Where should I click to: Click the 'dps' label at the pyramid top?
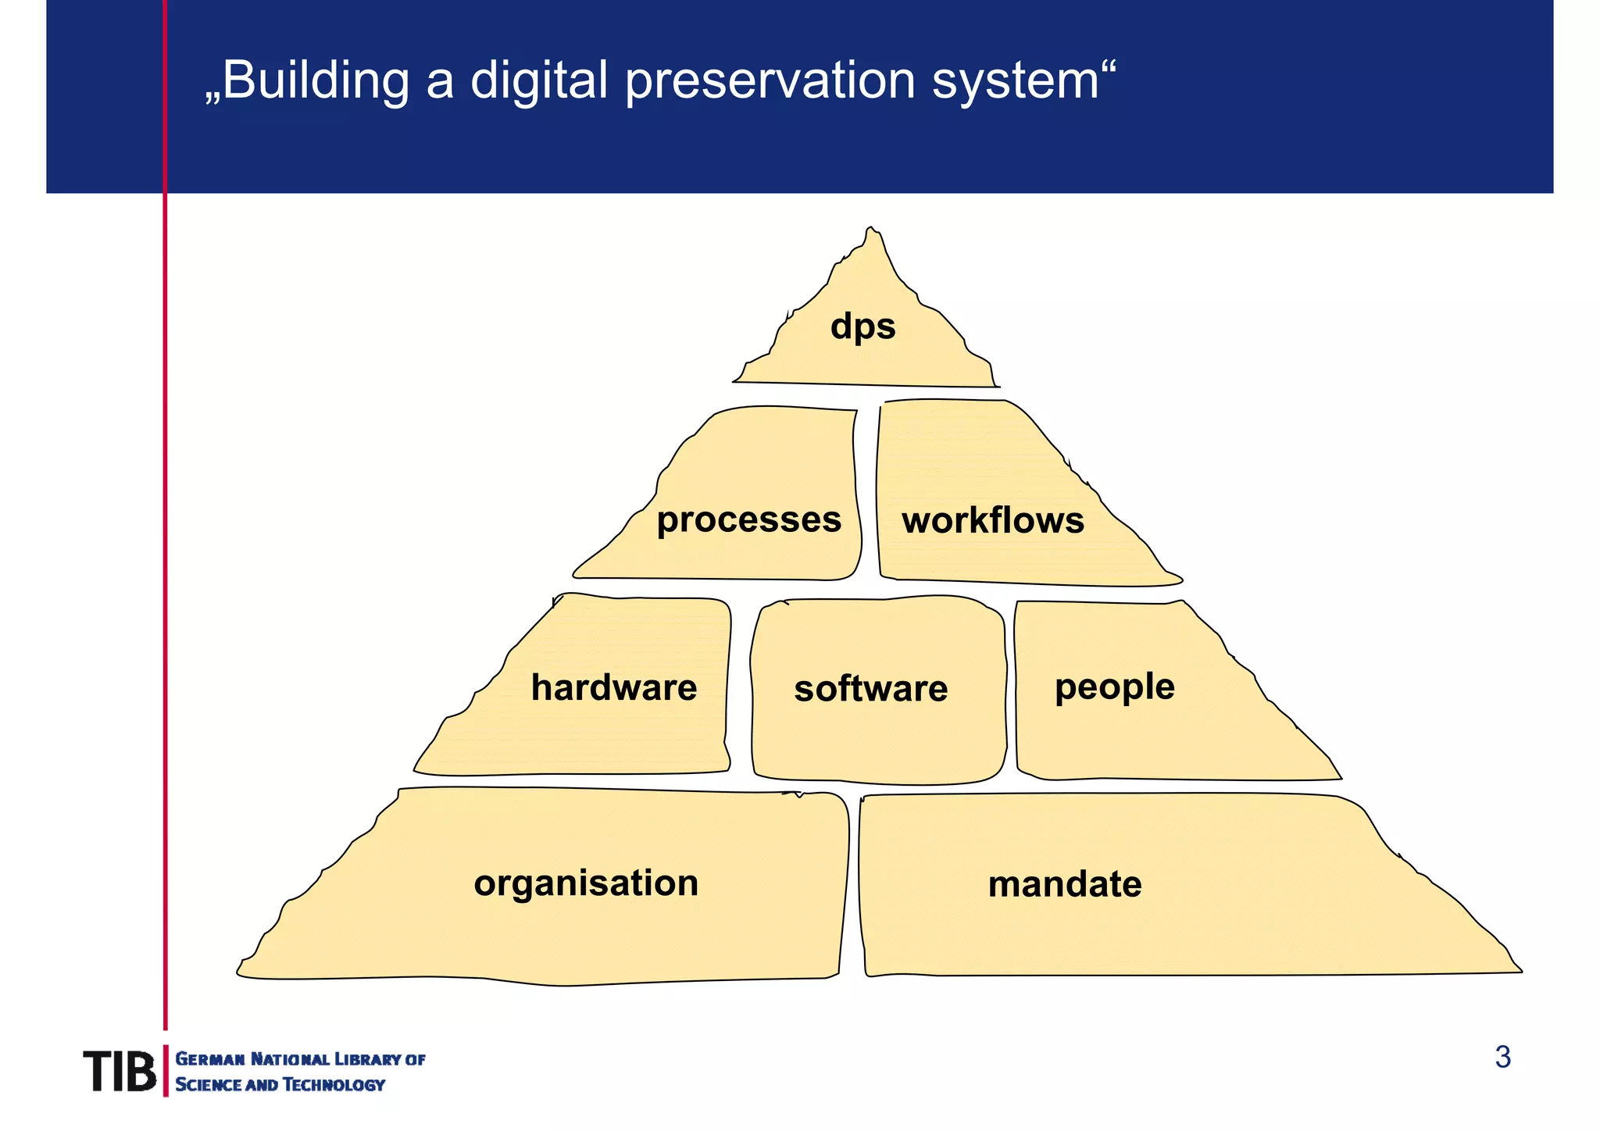coord(862,326)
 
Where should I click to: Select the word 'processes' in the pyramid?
coord(748,520)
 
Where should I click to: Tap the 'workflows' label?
coord(992,521)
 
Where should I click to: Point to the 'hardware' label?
coord(613,688)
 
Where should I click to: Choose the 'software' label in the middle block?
coord(870,689)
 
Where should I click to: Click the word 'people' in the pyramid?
coord(1114,688)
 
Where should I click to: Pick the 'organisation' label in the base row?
coord(586,883)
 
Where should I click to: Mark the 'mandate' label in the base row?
coord(1064,884)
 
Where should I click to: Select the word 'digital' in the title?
coord(538,81)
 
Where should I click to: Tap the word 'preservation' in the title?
coord(770,81)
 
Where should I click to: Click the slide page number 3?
coord(1502,1058)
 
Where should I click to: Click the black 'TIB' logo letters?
coord(120,1071)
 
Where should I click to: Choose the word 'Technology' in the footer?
coord(334,1084)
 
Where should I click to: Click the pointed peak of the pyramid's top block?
coord(871,231)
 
